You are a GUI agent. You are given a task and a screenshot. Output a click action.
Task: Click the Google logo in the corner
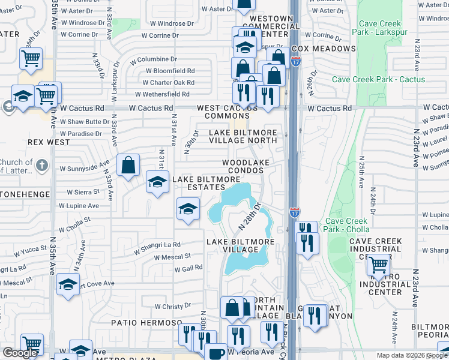coord(19,353)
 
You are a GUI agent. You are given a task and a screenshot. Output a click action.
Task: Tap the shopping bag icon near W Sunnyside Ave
coord(128,165)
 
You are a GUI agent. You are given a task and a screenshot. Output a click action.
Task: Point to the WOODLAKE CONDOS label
coord(244,166)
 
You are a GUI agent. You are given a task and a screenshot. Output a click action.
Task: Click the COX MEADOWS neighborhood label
coord(324,49)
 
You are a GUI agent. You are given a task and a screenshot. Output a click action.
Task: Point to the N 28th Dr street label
coord(251,217)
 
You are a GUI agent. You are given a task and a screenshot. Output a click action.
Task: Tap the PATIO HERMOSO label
coord(146,323)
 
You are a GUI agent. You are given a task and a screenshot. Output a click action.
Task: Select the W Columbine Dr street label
coord(148,59)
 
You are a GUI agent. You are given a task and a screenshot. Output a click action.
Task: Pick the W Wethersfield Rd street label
coord(162,94)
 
